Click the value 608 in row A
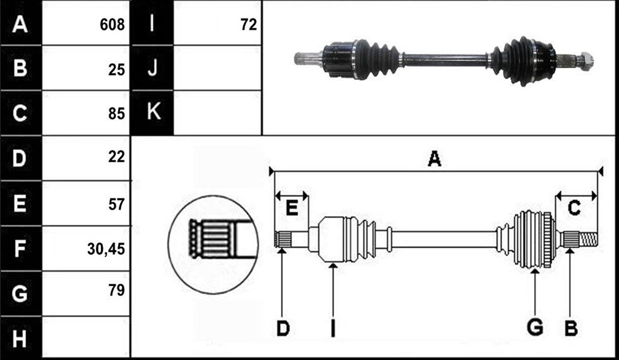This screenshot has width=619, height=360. (x=112, y=25)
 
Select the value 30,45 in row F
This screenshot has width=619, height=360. (x=106, y=249)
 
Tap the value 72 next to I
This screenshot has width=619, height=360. (x=249, y=25)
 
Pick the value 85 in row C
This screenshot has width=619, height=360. (x=116, y=114)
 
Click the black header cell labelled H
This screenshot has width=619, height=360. (x=20, y=339)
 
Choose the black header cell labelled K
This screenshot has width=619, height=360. (x=152, y=112)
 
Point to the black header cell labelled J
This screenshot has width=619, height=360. (x=152, y=68)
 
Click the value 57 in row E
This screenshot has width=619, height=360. (x=116, y=204)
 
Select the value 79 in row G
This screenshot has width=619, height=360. (x=116, y=290)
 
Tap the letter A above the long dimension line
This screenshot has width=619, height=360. (x=435, y=159)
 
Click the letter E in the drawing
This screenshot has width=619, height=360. (x=292, y=208)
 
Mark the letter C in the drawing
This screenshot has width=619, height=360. (x=574, y=208)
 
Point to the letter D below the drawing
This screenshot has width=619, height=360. (x=283, y=328)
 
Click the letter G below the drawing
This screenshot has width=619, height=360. (x=535, y=328)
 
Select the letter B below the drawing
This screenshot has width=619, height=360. (x=571, y=328)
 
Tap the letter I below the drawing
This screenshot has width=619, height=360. (x=333, y=328)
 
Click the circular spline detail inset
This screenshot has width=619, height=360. (x=213, y=245)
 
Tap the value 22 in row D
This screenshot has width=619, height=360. (x=116, y=157)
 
